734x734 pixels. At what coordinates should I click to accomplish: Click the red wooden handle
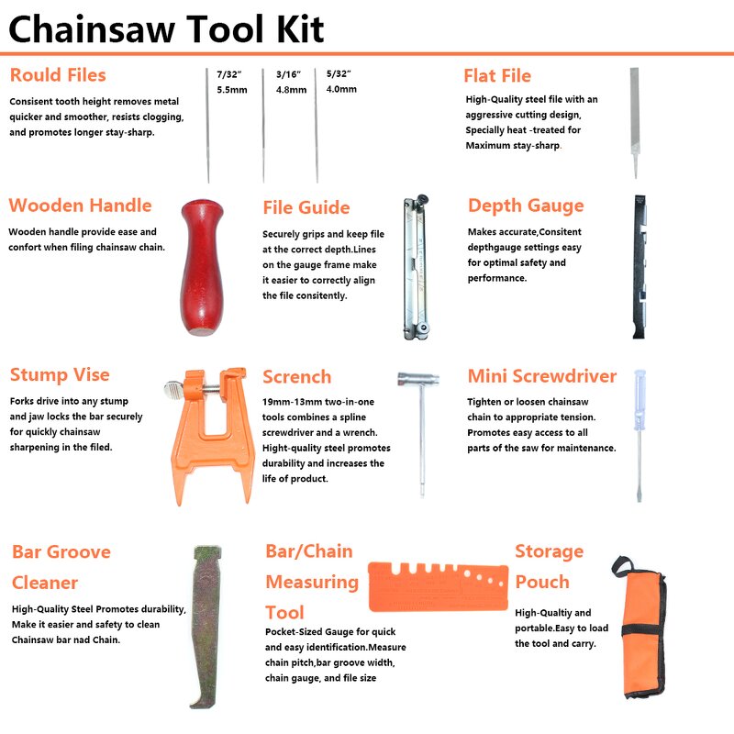tap(202, 267)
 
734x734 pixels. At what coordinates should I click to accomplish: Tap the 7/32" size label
tap(228, 74)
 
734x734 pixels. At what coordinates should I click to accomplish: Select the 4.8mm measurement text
tap(291, 90)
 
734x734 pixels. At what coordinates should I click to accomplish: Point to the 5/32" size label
tap(339, 74)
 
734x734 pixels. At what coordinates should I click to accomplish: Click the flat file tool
tap(634, 123)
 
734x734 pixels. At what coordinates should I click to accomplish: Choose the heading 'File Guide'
tap(306, 207)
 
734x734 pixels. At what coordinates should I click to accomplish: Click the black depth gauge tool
tap(639, 267)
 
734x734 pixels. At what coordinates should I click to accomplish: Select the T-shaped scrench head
tap(418, 379)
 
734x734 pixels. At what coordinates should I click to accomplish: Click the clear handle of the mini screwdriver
tap(639, 399)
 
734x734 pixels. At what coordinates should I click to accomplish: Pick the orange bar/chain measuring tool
tap(439, 587)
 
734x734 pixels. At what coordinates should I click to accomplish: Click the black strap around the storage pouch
tap(643, 629)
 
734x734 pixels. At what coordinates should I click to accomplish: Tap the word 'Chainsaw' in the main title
tap(91, 29)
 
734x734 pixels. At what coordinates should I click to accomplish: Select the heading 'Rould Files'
tap(58, 75)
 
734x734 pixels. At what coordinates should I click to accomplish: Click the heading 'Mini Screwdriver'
tap(542, 376)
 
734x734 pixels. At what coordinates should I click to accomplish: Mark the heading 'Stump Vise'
tap(60, 374)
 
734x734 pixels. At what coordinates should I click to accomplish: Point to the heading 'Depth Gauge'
tap(526, 206)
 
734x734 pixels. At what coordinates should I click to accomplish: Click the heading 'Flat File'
tap(497, 75)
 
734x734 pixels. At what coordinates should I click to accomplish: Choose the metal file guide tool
tap(417, 267)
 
